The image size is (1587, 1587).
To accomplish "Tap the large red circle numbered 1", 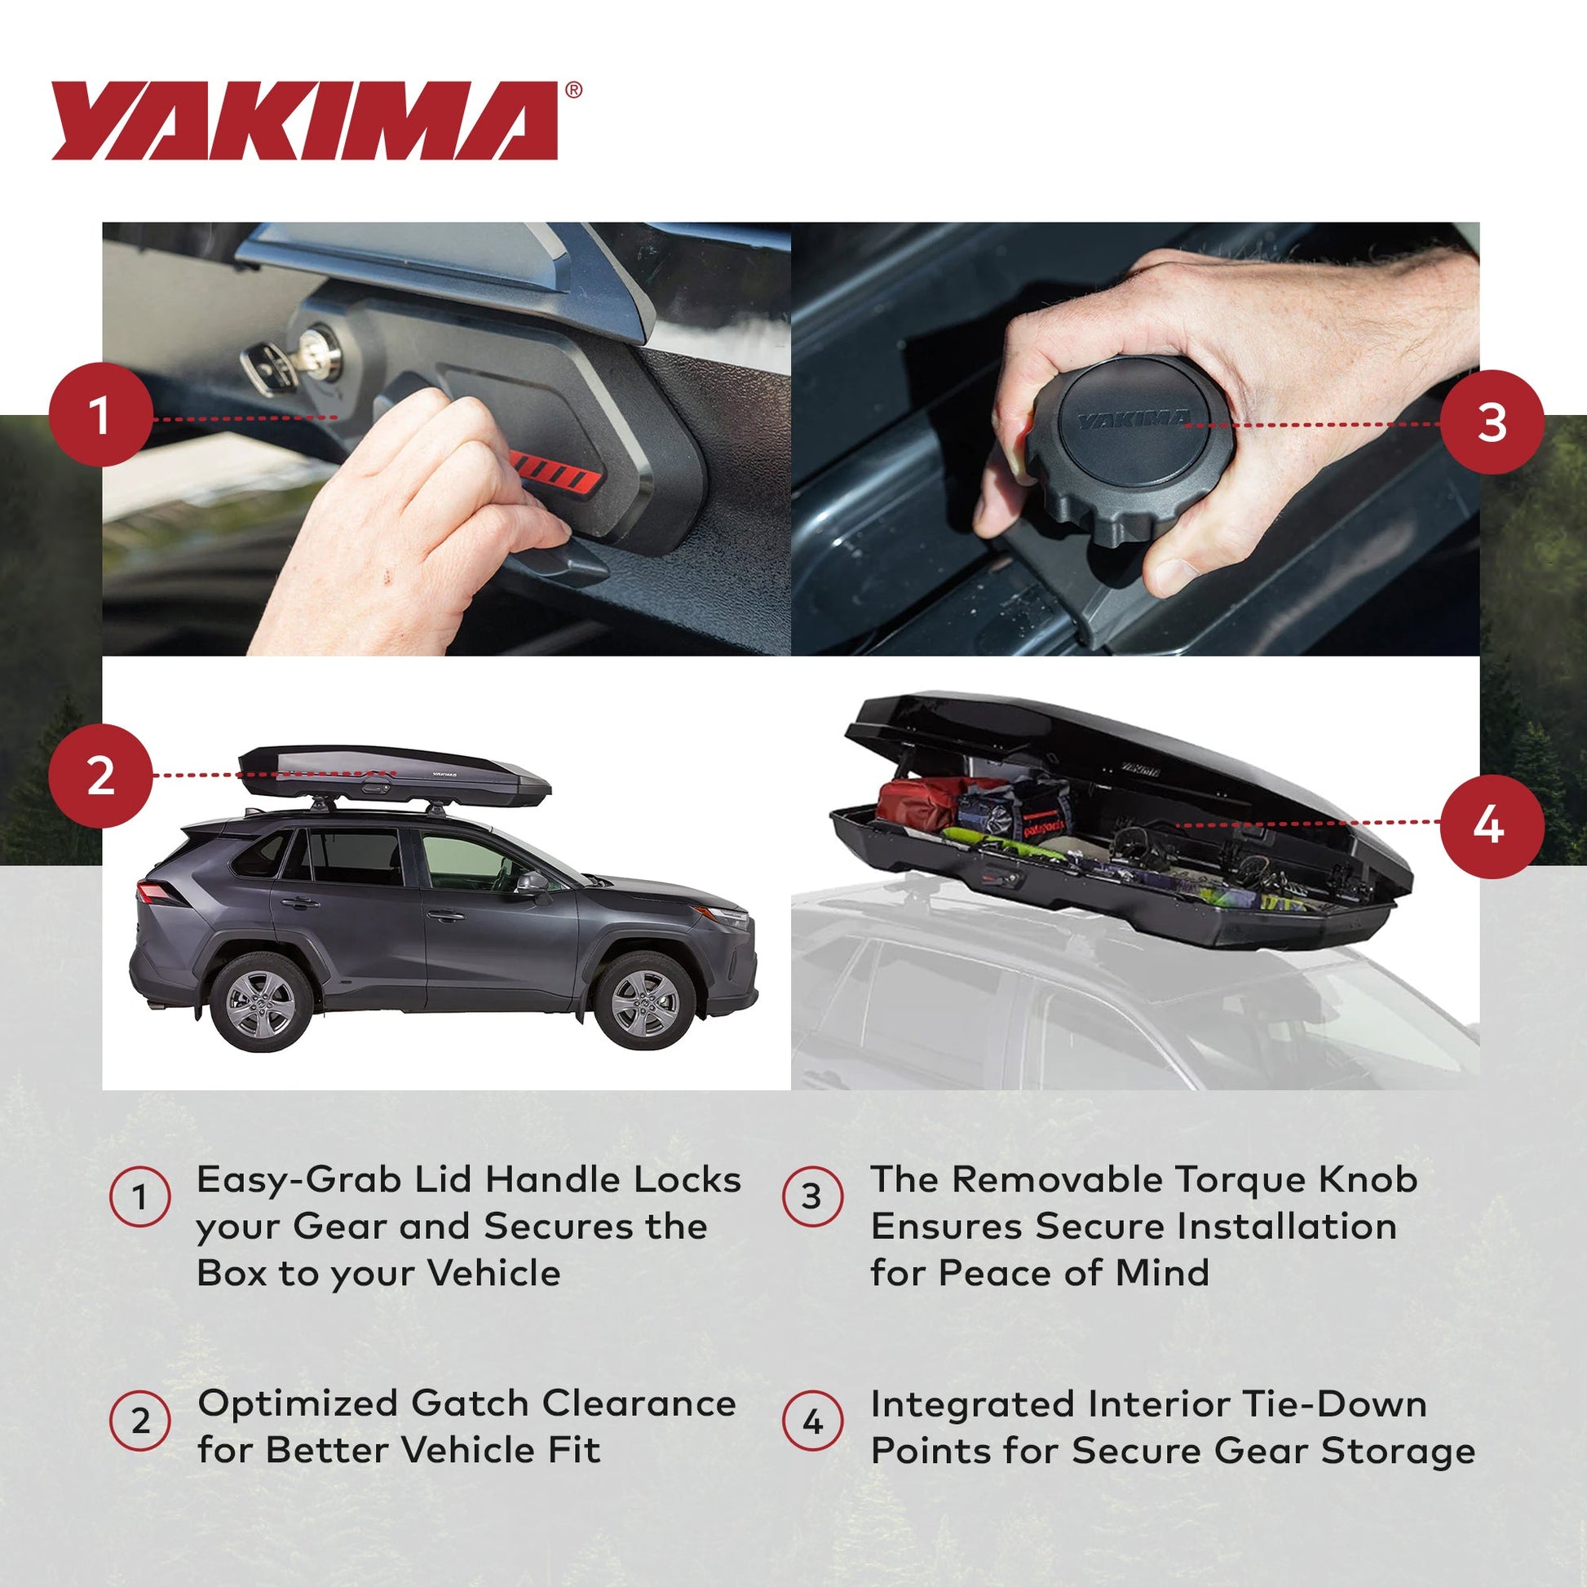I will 100,415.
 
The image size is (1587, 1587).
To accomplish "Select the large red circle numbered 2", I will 100,776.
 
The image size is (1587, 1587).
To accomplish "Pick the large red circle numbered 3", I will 1492,422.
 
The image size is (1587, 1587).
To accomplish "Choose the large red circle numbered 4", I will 1492,825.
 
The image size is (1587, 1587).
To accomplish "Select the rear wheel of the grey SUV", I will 261,1002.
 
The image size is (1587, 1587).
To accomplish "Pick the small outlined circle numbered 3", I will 811,1196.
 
